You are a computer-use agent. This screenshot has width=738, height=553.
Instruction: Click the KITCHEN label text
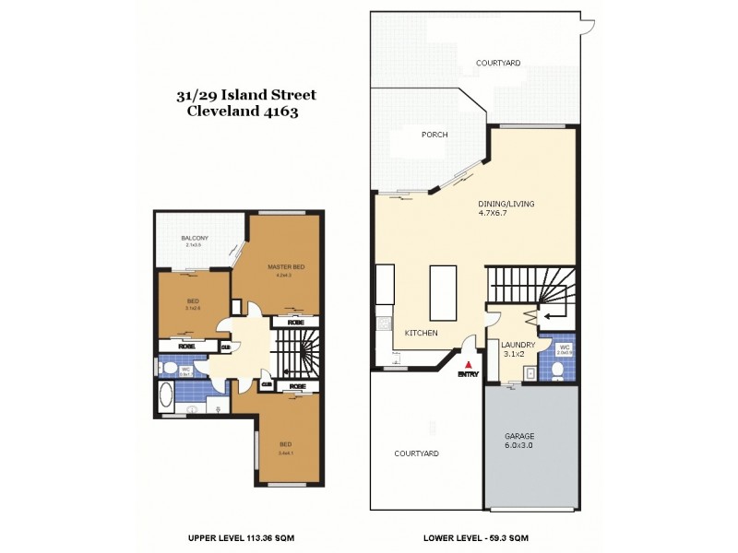421,333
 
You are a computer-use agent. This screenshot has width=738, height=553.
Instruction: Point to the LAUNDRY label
518,345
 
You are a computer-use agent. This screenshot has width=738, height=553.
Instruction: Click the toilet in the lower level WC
558,370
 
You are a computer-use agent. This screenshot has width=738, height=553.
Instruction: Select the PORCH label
434,135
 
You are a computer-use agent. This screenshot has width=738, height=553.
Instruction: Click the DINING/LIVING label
506,204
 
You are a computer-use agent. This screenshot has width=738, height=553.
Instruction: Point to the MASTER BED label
286,267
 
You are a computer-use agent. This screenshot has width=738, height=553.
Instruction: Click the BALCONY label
195,239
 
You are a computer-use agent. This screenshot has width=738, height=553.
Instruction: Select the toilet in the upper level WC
169,368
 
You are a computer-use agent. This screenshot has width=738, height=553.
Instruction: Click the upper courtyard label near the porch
498,63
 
